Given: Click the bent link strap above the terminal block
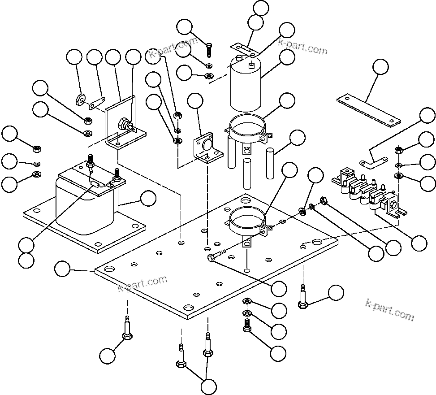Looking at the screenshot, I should coord(374,159).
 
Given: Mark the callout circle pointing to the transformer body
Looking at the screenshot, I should coord(148,199).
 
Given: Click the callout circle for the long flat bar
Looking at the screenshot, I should coord(380,66).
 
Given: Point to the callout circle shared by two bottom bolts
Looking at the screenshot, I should coord(208,386).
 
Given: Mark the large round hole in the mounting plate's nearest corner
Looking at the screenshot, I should coord(189,309).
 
